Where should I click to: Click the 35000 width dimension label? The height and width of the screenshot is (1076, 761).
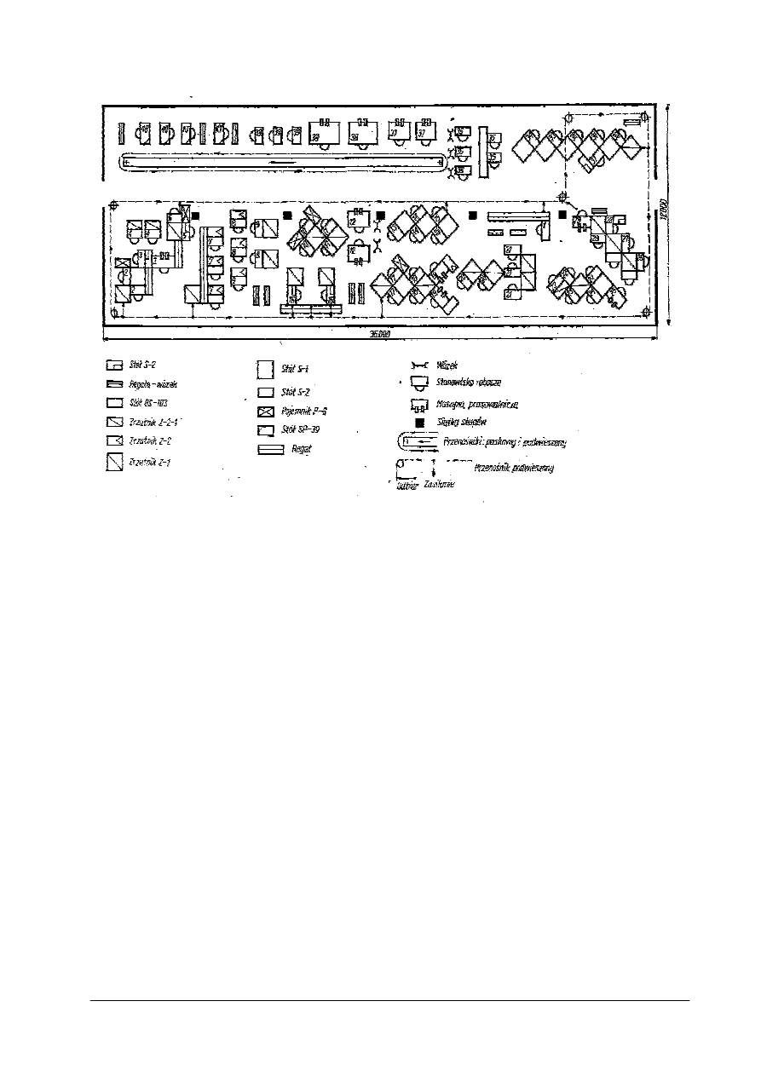pos(379,334)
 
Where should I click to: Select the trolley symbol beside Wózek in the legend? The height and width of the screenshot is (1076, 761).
pos(418,365)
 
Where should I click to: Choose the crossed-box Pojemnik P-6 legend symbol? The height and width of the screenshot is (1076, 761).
pos(265,411)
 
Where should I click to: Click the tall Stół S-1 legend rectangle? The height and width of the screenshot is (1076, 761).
pos(264,370)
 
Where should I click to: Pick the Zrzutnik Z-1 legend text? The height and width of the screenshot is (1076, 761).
pos(145,463)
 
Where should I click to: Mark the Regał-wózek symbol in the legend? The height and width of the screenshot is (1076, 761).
pos(113,383)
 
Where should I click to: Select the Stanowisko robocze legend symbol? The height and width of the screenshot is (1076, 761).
pos(418,383)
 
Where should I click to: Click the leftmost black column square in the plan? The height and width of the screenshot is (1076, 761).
pos(196,216)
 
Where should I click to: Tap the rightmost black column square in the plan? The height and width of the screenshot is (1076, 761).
pos(562,215)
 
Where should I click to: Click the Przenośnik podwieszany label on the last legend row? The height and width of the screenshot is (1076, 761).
pos(514,468)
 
